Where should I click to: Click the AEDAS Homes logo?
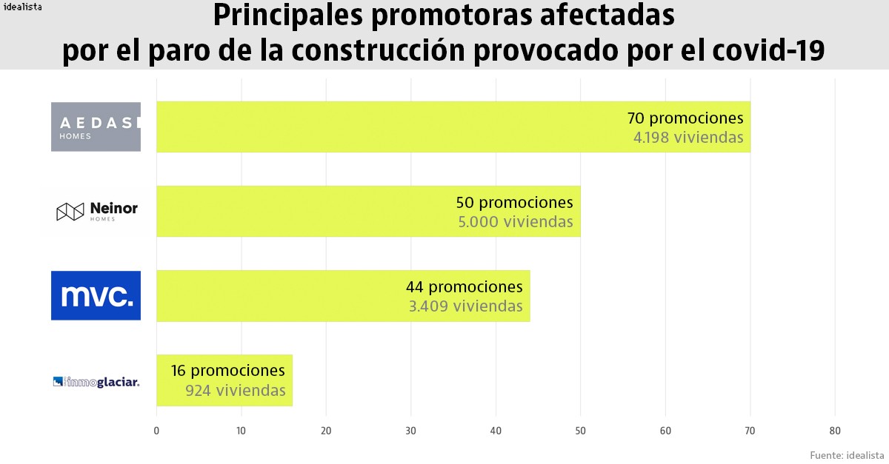click(96, 127)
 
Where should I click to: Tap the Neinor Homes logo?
click(97, 212)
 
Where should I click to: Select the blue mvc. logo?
click(96, 296)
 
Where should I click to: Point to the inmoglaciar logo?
click(96, 382)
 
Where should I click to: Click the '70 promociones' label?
click(685, 118)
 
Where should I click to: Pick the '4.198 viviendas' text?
click(687, 138)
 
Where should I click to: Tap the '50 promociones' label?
click(514, 203)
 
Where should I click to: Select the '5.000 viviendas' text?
click(517, 222)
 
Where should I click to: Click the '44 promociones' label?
click(464, 287)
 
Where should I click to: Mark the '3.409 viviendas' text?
click(465, 306)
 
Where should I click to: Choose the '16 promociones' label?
click(227, 371)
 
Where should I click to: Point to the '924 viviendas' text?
click(236, 391)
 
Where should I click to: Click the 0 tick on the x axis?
click(156, 431)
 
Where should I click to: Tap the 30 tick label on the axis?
click(411, 431)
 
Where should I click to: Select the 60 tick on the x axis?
click(665, 431)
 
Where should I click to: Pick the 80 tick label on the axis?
click(835, 431)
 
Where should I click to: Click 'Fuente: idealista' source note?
click(847, 454)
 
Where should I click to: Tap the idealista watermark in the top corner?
click(22, 7)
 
